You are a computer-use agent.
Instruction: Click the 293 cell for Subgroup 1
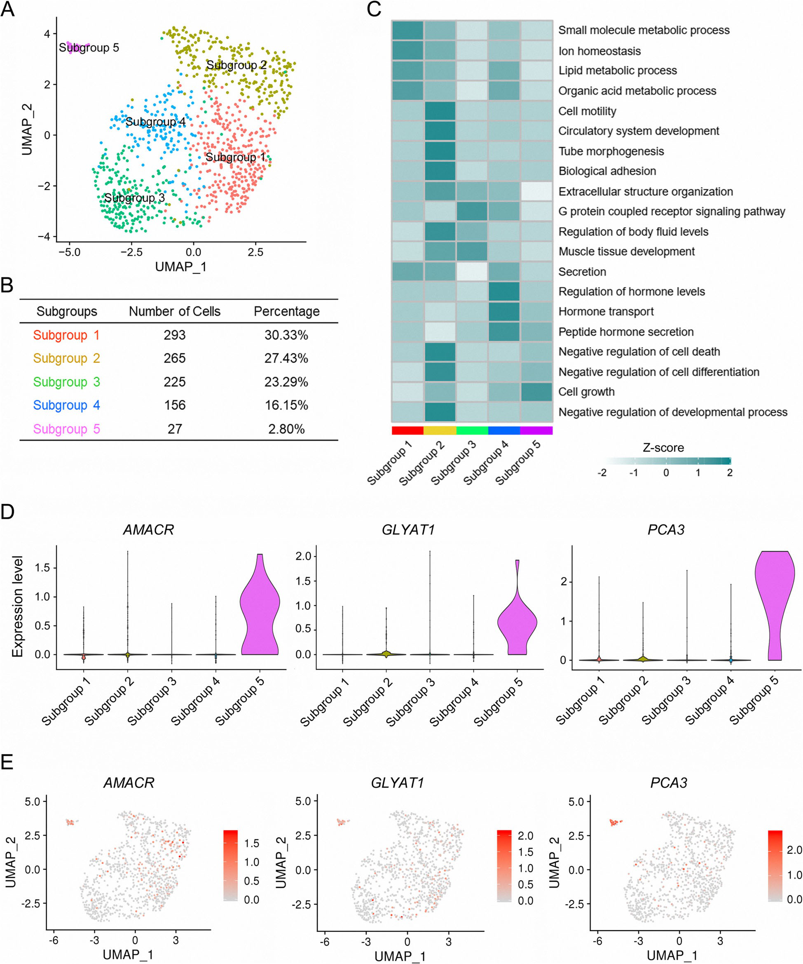tap(174, 335)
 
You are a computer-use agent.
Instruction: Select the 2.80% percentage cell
tap(286, 429)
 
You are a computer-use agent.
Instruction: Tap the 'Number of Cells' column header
tap(174, 311)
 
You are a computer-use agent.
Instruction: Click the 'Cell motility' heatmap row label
tap(587, 111)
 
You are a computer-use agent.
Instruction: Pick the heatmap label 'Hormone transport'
tap(606, 312)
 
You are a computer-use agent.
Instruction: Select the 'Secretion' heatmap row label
tap(582, 272)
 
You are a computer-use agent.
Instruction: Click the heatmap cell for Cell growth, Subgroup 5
tap(536, 392)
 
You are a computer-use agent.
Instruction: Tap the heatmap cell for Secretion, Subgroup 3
tap(472, 271)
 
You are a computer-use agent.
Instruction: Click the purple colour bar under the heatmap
tap(536, 430)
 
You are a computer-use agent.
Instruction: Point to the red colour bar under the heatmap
tap(407, 430)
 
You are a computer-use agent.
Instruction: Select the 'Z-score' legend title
tap(663, 448)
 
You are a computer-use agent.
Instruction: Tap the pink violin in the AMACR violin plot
tap(260, 611)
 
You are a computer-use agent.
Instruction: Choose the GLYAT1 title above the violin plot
tap(408, 530)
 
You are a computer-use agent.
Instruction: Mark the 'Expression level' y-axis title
tap(17, 607)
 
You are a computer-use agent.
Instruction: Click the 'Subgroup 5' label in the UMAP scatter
tap(89, 48)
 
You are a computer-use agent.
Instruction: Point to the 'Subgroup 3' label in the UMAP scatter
tap(134, 198)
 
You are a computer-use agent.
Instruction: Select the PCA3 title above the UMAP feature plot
tap(668, 782)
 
